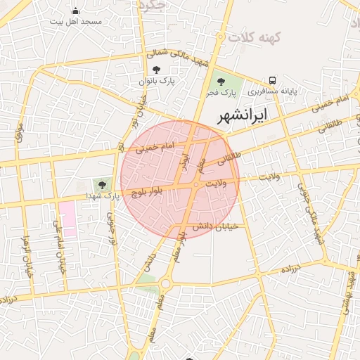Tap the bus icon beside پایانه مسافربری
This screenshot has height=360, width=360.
(272, 80)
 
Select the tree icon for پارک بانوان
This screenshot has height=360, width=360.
(155, 70)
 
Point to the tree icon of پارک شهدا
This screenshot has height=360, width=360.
(103, 184)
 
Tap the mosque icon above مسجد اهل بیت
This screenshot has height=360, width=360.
(76, 11)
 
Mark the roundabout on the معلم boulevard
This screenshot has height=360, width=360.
(166, 283)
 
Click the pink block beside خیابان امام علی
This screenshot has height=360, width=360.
(67, 217)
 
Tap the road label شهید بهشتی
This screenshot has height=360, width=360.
(349, 289)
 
